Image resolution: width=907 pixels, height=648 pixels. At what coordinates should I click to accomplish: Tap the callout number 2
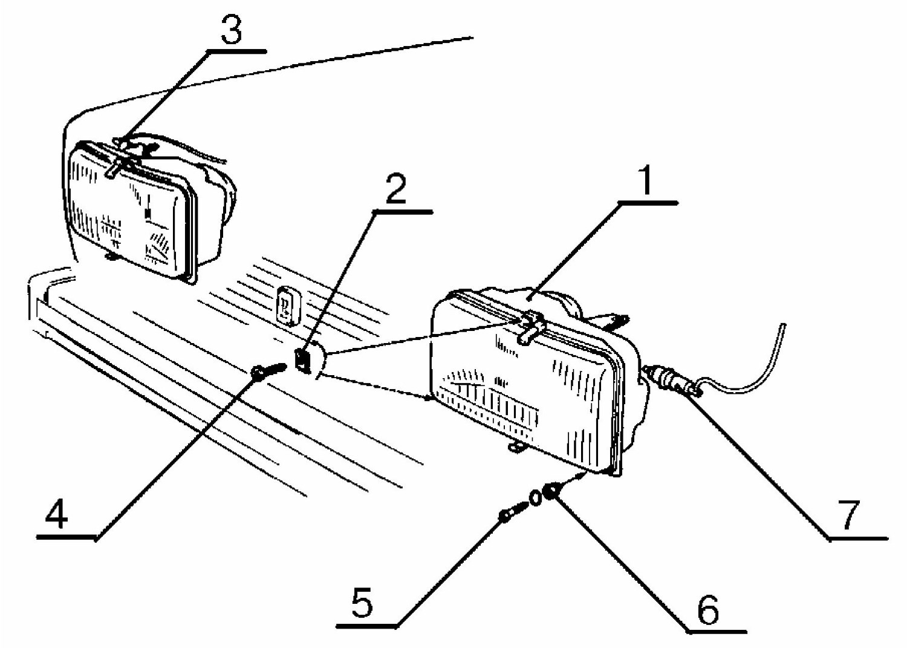click(x=395, y=189)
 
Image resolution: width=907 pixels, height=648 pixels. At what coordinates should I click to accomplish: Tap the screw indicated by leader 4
click(x=270, y=371)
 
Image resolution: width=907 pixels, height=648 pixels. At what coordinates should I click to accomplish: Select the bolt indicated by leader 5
click(x=513, y=511)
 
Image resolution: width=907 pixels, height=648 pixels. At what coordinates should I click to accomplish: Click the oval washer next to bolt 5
click(x=535, y=498)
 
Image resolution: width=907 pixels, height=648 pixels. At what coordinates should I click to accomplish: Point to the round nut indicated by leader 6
click(x=552, y=491)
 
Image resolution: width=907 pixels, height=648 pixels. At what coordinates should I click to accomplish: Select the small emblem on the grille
click(x=288, y=306)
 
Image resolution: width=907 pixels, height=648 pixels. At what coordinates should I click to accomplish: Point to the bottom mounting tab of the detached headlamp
click(x=516, y=447)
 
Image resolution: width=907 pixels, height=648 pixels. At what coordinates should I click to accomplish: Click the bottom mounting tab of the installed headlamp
click(x=111, y=256)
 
